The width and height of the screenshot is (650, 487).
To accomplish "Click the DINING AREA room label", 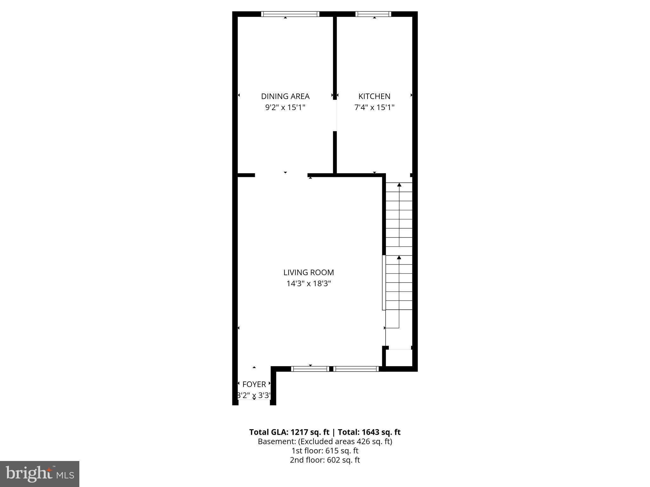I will coord(285,96).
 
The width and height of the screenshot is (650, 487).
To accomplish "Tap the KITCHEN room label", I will coord(374,96).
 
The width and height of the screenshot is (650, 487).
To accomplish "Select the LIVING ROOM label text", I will coord(308,272).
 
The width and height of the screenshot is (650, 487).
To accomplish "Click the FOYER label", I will coord(254,384).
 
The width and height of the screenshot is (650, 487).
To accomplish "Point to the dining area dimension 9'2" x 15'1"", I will coord(285,107).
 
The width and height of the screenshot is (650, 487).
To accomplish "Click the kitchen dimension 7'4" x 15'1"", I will coord(374,107).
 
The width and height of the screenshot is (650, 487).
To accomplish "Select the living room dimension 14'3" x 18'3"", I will coord(308,283).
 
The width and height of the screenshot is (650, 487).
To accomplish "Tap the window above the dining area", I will coord(290,14).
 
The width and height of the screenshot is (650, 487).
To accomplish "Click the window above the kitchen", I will coord(373,14).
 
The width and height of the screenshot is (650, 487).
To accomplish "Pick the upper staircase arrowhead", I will coord(399,185).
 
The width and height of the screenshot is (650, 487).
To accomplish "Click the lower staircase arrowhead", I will coord(399,257).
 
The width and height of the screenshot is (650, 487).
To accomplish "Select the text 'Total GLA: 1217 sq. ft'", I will coord(289,432).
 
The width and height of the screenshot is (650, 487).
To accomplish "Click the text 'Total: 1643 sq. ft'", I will coord(369,432).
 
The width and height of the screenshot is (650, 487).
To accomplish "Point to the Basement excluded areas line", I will coord(325,441).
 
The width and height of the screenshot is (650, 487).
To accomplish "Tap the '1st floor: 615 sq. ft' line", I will coord(325,451).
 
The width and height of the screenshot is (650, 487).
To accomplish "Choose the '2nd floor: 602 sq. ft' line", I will coord(325,460).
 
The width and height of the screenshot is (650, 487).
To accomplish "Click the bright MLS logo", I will coord(40,474).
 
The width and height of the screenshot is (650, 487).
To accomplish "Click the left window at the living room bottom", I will coord(310,369).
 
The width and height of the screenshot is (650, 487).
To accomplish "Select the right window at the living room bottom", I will coord(356,369).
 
